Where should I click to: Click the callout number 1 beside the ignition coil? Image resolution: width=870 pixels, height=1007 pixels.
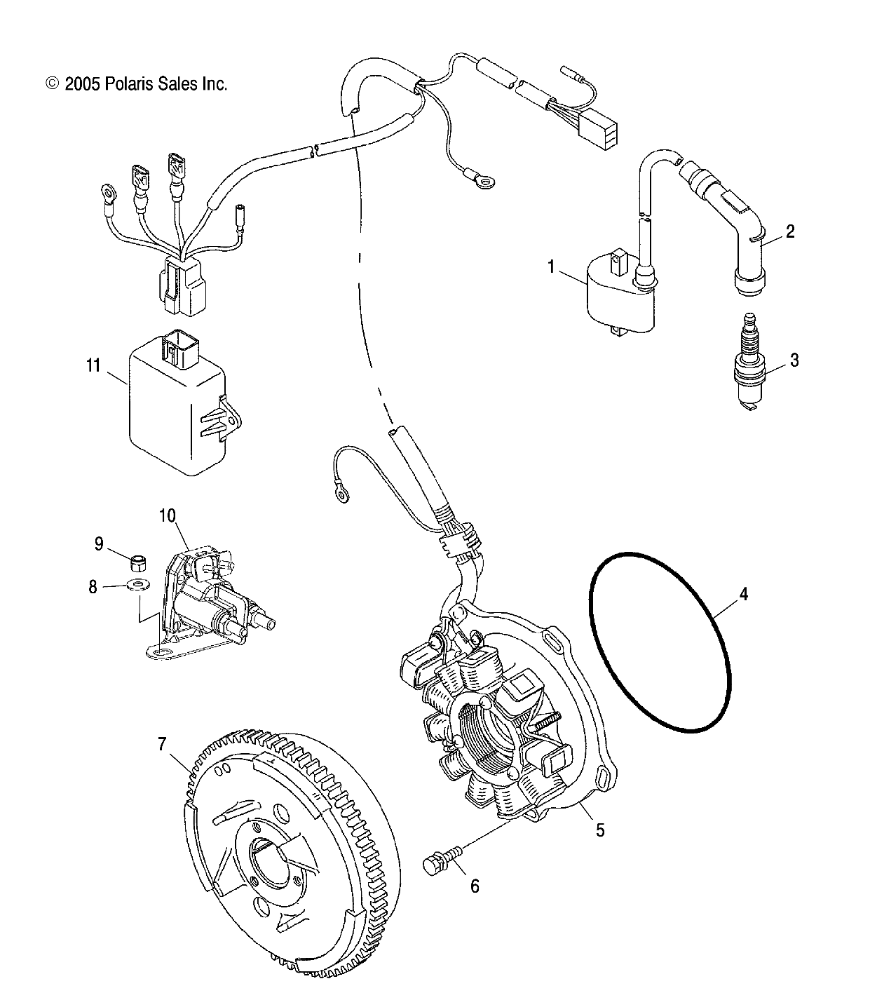click(551, 266)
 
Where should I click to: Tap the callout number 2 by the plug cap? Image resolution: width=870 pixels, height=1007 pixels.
click(789, 231)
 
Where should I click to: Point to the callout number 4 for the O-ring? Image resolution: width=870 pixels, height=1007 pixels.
click(743, 595)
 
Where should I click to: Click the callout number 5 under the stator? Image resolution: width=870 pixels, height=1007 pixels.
click(599, 830)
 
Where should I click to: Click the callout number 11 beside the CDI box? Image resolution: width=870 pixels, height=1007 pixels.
click(93, 365)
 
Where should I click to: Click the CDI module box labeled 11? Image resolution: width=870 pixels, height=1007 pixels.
click(175, 414)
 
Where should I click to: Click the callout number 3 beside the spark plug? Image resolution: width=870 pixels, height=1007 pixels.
click(794, 360)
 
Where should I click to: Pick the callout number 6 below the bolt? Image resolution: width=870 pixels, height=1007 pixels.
click(475, 886)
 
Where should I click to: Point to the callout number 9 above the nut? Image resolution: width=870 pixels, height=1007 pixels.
click(98, 543)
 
